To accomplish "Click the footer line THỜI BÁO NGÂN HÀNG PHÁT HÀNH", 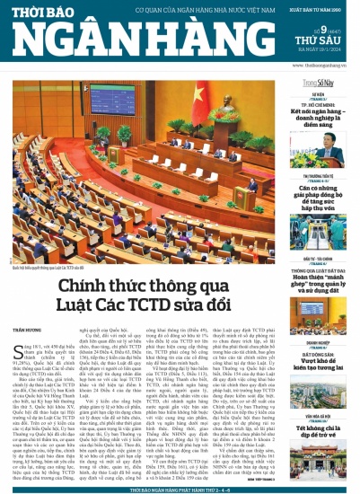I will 180,489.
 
